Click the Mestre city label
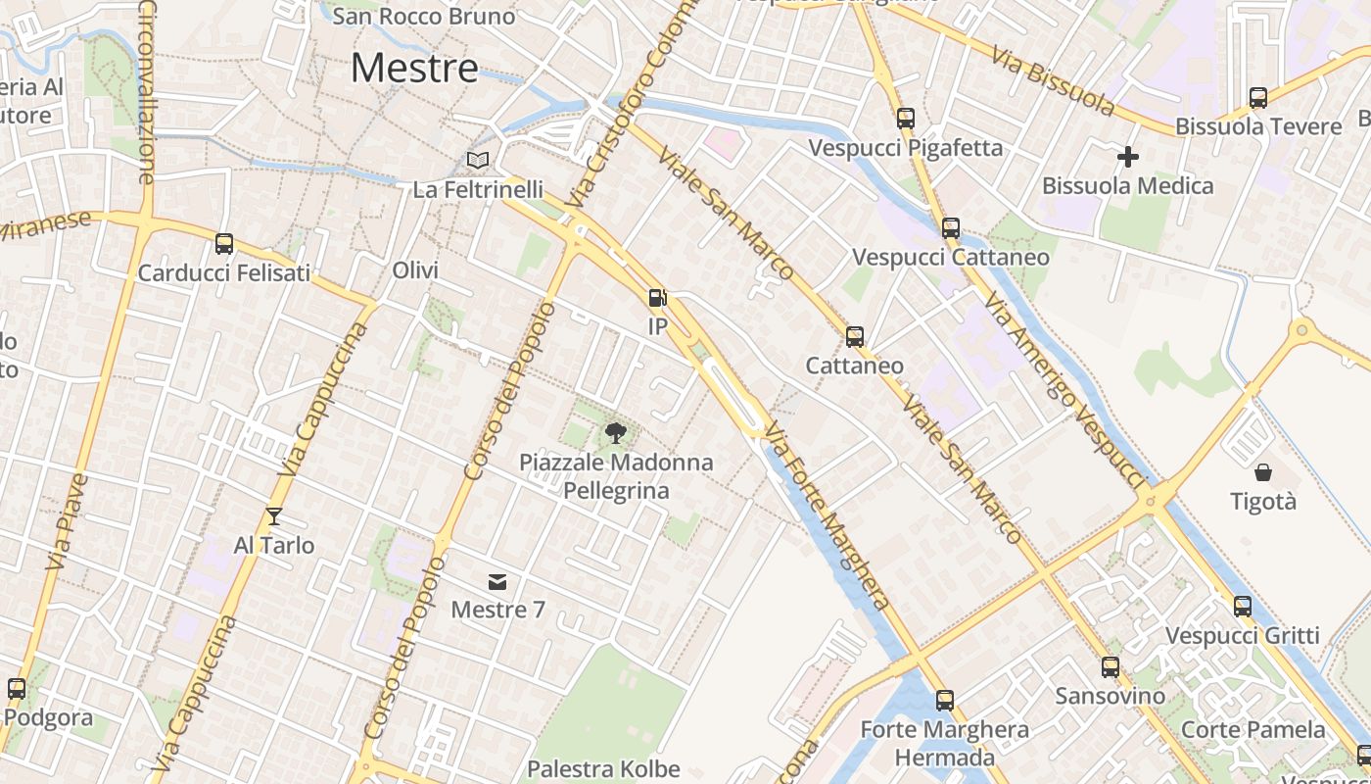(x=414, y=68)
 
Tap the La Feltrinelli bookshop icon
(x=477, y=160)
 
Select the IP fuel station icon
(x=657, y=298)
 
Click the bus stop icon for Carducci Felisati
(x=224, y=244)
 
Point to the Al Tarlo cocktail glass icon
(x=274, y=515)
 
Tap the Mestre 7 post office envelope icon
(x=497, y=582)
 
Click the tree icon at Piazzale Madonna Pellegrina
(x=616, y=432)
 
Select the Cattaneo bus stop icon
(x=855, y=337)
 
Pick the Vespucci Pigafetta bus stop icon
(x=906, y=119)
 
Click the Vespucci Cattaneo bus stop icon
(x=951, y=228)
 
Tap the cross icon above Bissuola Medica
(x=1128, y=157)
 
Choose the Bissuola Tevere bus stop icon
(x=1258, y=98)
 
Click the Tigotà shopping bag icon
(x=1263, y=472)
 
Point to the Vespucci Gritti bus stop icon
(x=1243, y=607)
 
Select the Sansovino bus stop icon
(x=1111, y=667)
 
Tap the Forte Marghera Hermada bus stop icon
(x=945, y=701)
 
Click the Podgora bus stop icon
(x=17, y=689)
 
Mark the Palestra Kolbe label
(x=603, y=769)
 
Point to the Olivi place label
(x=415, y=269)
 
